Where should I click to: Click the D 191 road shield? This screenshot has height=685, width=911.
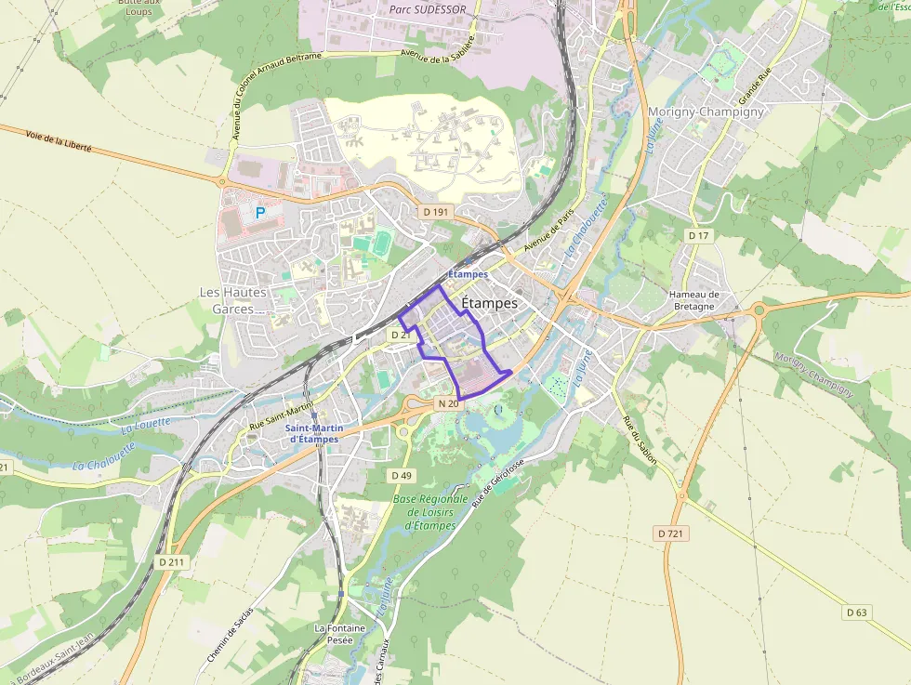(x=435, y=212)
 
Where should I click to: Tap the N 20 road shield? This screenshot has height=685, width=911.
(x=447, y=403)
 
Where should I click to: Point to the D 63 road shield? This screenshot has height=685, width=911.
(x=856, y=613)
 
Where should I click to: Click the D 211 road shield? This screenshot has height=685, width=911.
(x=171, y=561)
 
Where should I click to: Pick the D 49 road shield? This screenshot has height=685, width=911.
(x=401, y=475)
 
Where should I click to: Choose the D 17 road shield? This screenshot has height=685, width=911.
(x=698, y=236)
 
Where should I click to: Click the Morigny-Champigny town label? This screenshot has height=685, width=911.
(x=706, y=112)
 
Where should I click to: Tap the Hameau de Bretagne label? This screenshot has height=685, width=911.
(x=693, y=300)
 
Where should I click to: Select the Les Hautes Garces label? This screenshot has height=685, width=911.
(x=233, y=300)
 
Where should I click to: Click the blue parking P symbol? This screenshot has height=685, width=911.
(x=260, y=213)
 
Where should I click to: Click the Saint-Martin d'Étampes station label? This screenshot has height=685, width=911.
(x=312, y=433)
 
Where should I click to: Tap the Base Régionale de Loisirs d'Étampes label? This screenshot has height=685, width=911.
(x=430, y=512)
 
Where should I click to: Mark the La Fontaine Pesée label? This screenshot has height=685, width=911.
(x=339, y=634)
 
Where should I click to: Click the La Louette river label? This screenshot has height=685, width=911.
(x=146, y=424)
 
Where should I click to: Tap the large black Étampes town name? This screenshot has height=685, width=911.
(x=489, y=304)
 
